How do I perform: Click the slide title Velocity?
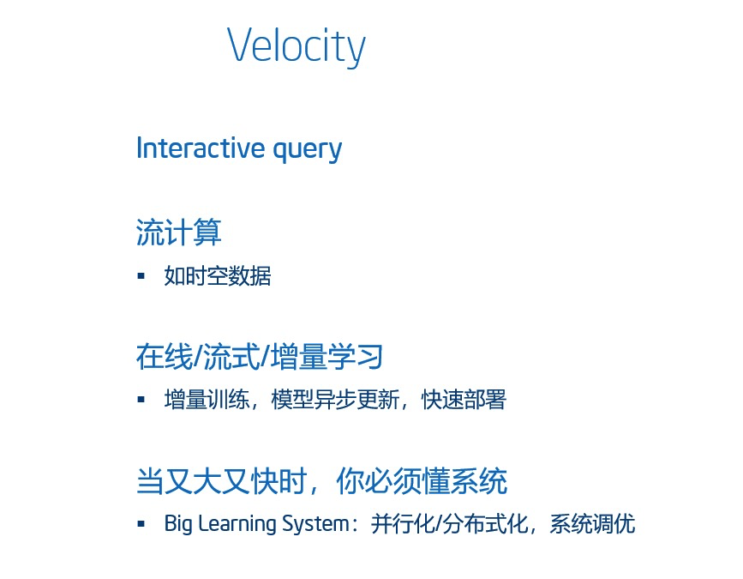pyautogui.click(x=297, y=46)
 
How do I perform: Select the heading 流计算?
pyautogui.click(x=178, y=232)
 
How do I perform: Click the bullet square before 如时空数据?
pyautogui.click(x=141, y=275)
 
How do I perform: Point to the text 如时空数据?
pyautogui.click(x=218, y=276)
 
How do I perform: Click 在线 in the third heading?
pyautogui.click(x=165, y=357)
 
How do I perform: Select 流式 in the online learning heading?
pyautogui.click(x=231, y=357)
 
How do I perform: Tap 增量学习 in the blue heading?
pyautogui.click(x=327, y=357)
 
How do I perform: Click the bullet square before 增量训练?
pyautogui.click(x=141, y=400)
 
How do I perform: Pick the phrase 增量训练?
pyautogui.click(x=207, y=400)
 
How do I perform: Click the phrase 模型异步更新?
pyautogui.click(x=335, y=400)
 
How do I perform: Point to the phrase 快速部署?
pyautogui.click(x=464, y=400)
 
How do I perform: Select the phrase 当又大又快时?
pyautogui.click(x=222, y=481)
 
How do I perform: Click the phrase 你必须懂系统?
pyautogui.click(x=422, y=481)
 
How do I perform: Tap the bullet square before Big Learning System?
pyautogui.click(x=141, y=524)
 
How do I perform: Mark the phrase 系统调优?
pyautogui.click(x=592, y=524)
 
